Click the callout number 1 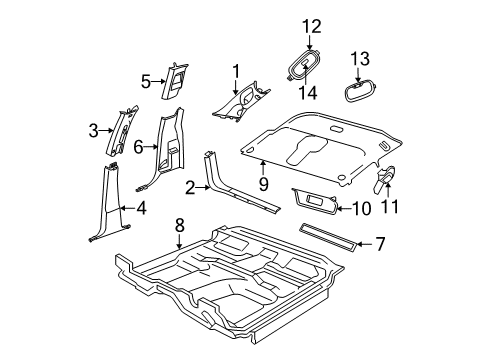coord(236,70)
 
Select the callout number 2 coord(190,187)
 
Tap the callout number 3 coord(94,130)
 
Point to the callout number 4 coord(140,210)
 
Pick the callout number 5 coord(145,81)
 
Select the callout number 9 coord(262,183)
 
